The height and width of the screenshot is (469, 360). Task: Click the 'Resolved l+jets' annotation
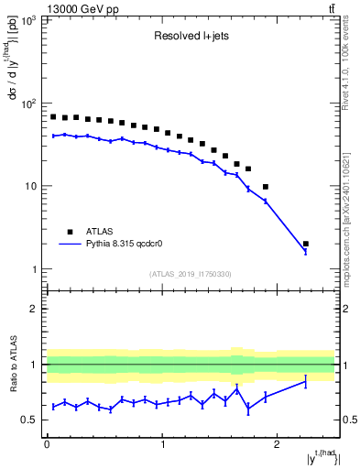190,38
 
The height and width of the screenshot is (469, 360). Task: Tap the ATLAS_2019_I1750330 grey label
191,274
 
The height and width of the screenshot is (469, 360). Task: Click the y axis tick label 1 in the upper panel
33,269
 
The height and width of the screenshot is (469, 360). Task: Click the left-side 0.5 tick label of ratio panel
31,420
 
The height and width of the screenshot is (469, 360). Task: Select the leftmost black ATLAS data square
53,117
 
